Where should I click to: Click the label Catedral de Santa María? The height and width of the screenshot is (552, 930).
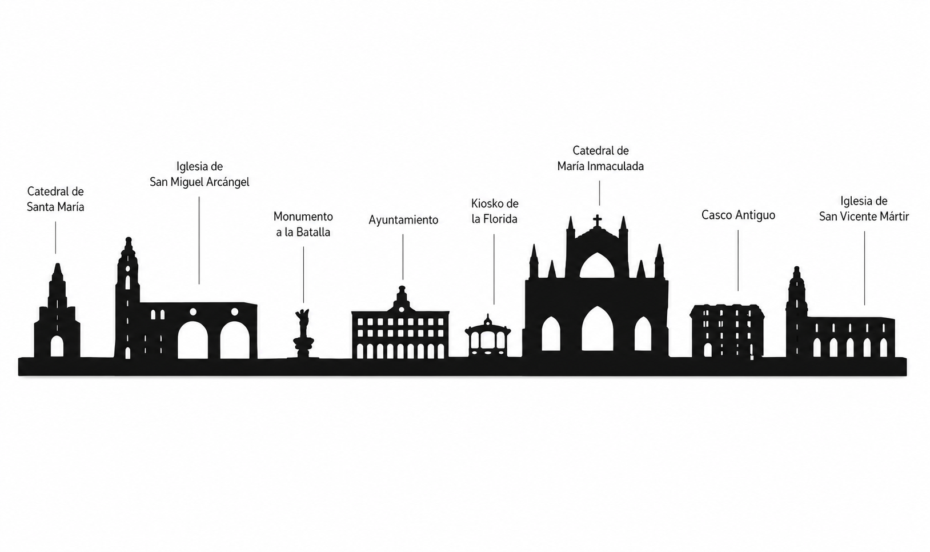[x=55, y=199]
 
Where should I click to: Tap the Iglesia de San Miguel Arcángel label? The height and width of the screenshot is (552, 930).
[x=199, y=174]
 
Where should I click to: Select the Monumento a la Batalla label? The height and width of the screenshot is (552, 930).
[x=303, y=225]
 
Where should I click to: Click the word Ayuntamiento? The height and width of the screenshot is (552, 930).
[x=403, y=220]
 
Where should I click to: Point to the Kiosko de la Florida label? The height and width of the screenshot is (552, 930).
[x=495, y=211]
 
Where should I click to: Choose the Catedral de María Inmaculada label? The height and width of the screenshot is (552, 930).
[x=600, y=158]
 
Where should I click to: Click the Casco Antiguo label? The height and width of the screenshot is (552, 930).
[x=738, y=215]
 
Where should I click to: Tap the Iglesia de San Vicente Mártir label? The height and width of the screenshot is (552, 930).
[x=864, y=209]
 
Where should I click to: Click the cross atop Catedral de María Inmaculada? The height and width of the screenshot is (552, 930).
[x=597, y=220]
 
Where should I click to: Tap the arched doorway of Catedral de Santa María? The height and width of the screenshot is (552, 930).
[x=57, y=346]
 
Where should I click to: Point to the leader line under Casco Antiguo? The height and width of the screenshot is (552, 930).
[x=738, y=261]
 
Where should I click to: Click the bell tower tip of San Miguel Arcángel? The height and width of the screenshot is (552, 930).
[x=129, y=239]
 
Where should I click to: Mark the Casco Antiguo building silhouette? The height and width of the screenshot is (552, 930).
[x=727, y=331]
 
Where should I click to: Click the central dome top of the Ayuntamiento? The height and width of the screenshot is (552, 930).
[x=402, y=288]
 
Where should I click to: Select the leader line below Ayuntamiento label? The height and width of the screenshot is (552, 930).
[x=403, y=257]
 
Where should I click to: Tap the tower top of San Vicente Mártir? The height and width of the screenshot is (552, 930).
[x=796, y=269]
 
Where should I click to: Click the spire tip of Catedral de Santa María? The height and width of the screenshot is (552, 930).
[x=58, y=265]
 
